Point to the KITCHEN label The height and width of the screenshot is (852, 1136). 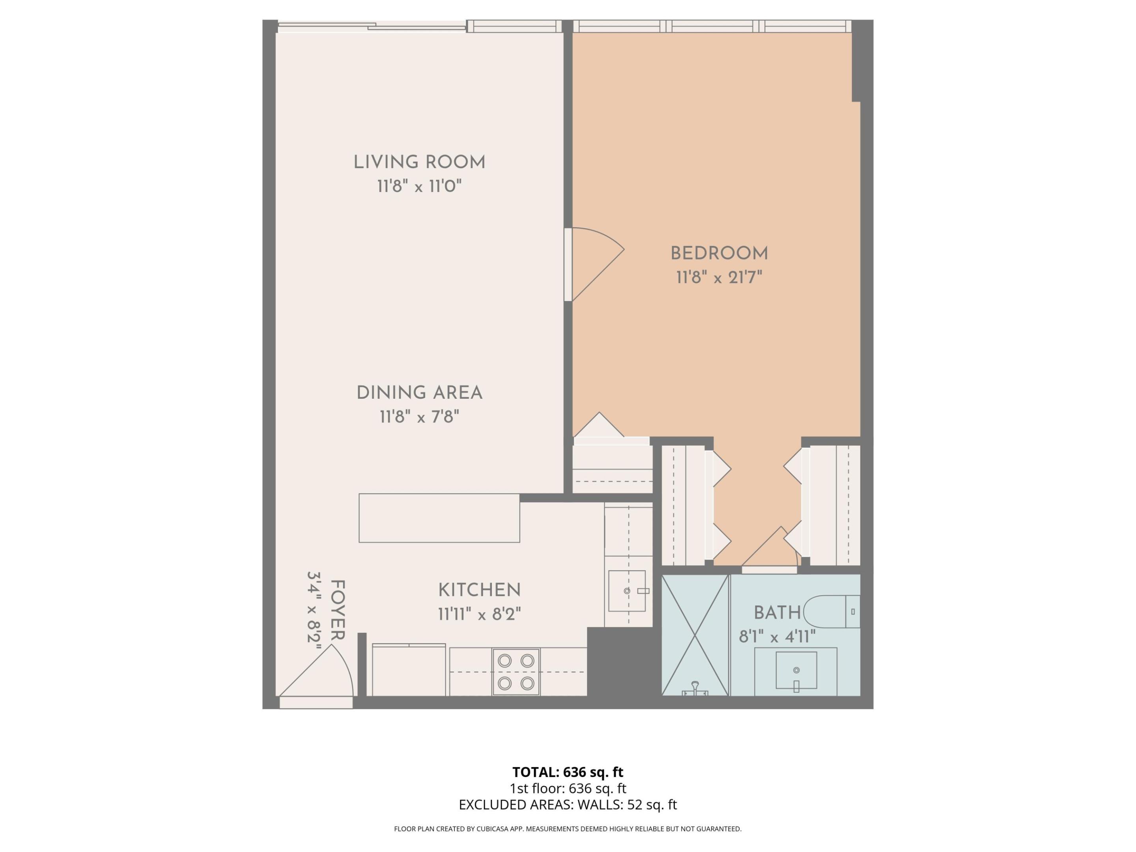479,590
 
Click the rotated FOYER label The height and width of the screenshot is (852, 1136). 337,610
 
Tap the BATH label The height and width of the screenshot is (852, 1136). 777,613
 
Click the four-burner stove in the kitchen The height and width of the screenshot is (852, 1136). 516,672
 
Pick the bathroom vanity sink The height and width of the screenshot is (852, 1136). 796,670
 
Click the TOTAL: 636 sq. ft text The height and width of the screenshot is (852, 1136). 568,772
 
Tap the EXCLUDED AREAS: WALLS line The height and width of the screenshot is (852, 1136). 568,805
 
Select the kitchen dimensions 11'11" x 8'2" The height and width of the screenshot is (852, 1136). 479,614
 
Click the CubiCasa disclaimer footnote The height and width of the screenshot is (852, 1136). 568,829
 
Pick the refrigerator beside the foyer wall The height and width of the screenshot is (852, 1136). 409,671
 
